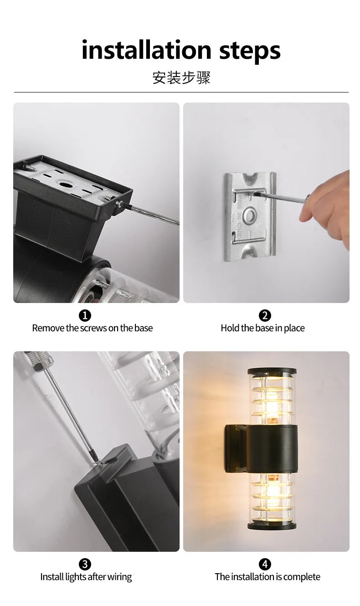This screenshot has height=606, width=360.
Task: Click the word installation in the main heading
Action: pyautogui.click(x=146, y=50)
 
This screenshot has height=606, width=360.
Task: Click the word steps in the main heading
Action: pyautogui.click(x=250, y=51)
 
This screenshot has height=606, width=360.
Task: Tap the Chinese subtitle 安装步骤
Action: pyautogui.click(x=181, y=77)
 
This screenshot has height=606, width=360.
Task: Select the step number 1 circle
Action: pyautogui.click(x=85, y=315)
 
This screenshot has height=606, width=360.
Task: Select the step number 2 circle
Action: pyautogui.click(x=265, y=315)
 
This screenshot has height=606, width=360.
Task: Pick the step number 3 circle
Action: pyautogui.click(x=85, y=564)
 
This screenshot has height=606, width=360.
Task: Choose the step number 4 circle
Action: pyautogui.click(x=265, y=564)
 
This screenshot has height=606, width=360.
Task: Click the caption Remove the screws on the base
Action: pyautogui.click(x=92, y=328)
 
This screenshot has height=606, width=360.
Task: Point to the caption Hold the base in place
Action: pyautogui.click(x=262, y=328)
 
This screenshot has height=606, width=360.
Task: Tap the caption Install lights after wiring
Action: pyautogui.click(x=86, y=577)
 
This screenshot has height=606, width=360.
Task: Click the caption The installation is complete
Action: pyautogui.click(x=267, y=577)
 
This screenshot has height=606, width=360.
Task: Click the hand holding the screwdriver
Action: pyautogui.click(x=328, y=207)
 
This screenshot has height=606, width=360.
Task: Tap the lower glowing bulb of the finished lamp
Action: pyautogui.click(x=272, y=492)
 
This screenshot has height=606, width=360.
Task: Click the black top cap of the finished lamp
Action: pyautogui.click(x=272, y=371)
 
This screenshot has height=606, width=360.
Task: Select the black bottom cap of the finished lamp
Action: pyautogui.click(x=272, y=526)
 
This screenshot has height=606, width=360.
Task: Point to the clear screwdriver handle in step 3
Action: pyautogui.click(x=39, y=360)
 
